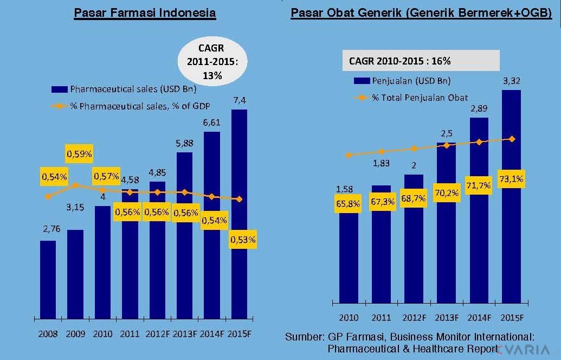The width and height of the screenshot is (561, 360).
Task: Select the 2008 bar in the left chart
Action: point(48,279)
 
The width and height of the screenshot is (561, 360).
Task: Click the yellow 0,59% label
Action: point(80,154)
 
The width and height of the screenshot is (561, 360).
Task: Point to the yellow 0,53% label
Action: point(243,239)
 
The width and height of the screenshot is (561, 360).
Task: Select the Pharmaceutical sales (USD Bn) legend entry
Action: point(125,89)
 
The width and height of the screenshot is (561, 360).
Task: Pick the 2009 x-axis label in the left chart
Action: point(76,334)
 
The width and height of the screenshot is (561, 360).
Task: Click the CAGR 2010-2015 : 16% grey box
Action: point(420,61)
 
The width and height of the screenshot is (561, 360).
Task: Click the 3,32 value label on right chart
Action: point(512,81)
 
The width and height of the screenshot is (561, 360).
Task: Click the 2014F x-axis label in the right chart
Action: point(479,317)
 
